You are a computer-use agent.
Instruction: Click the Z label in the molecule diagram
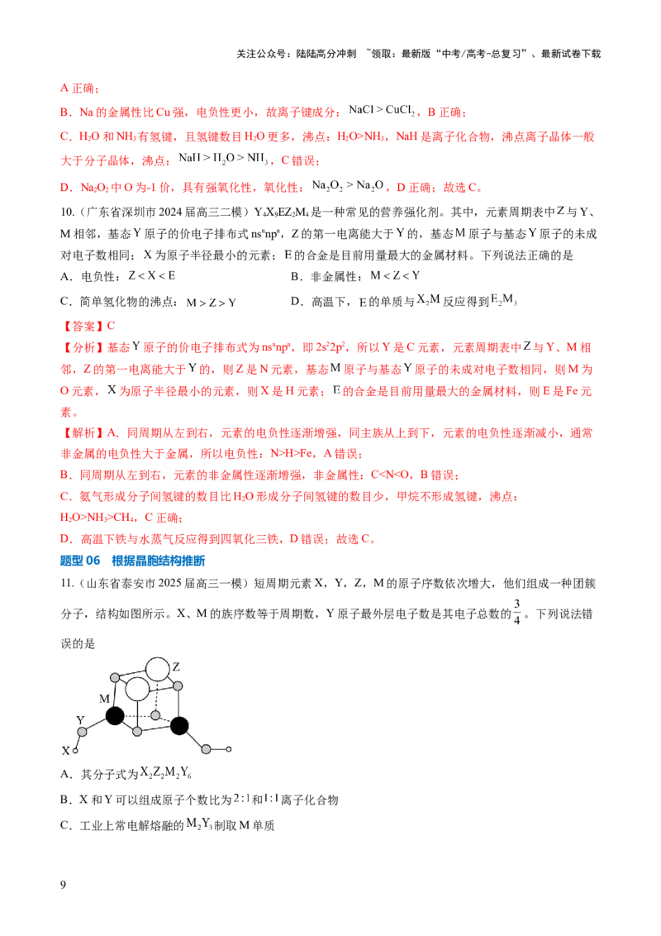point(176,666)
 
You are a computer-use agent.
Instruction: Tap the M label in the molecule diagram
point(104,699)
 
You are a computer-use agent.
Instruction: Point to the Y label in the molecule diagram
point(80,720)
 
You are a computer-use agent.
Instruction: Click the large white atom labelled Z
point(158,669)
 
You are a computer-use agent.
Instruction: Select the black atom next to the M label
point(115,715)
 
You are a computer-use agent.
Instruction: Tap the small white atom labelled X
point(75,750)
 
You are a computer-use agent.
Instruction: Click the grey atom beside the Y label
point(83,732)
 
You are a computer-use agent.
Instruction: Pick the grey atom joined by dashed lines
point(155,715)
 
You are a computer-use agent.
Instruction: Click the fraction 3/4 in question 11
point(516,612)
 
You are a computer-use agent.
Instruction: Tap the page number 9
point(64,885)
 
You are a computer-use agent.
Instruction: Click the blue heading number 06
point(93,561)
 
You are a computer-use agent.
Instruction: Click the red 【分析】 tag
point(83,347)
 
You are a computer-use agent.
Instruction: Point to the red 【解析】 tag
point(83,432)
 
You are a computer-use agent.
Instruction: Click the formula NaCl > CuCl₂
point(382,111)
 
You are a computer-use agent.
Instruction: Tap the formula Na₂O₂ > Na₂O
point(348,186)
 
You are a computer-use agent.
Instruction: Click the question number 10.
point(67,212)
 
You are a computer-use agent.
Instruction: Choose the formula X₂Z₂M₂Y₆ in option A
point(166,773)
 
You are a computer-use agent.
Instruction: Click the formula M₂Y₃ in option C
point(199,824)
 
